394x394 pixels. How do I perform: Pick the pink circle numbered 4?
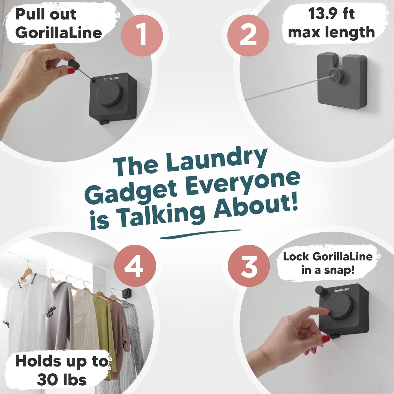pos(135,266)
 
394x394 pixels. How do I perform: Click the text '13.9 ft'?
pos(331,13)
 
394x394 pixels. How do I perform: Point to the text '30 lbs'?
pos(62,380)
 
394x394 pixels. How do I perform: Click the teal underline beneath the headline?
pos(201,234)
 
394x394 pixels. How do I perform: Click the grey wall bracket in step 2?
pos(338,80)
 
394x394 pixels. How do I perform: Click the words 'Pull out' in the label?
pos(46,14)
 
